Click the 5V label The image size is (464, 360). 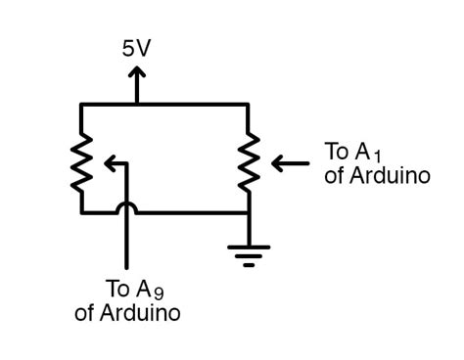tap(137, 48)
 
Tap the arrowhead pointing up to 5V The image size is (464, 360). tap(137, 73)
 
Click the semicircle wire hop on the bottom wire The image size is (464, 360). tap(126, 206)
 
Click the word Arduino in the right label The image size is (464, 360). tap(390, 176)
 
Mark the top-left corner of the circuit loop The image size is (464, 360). tap(82, 104)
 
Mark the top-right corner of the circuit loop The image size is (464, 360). tap(250, 104)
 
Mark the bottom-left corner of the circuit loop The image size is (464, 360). tap(82, 212)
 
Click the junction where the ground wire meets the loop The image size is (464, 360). tap(250, 212)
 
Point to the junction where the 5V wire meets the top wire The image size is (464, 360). tap(137, 104)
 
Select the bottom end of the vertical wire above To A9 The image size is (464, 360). tap(126, 266)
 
